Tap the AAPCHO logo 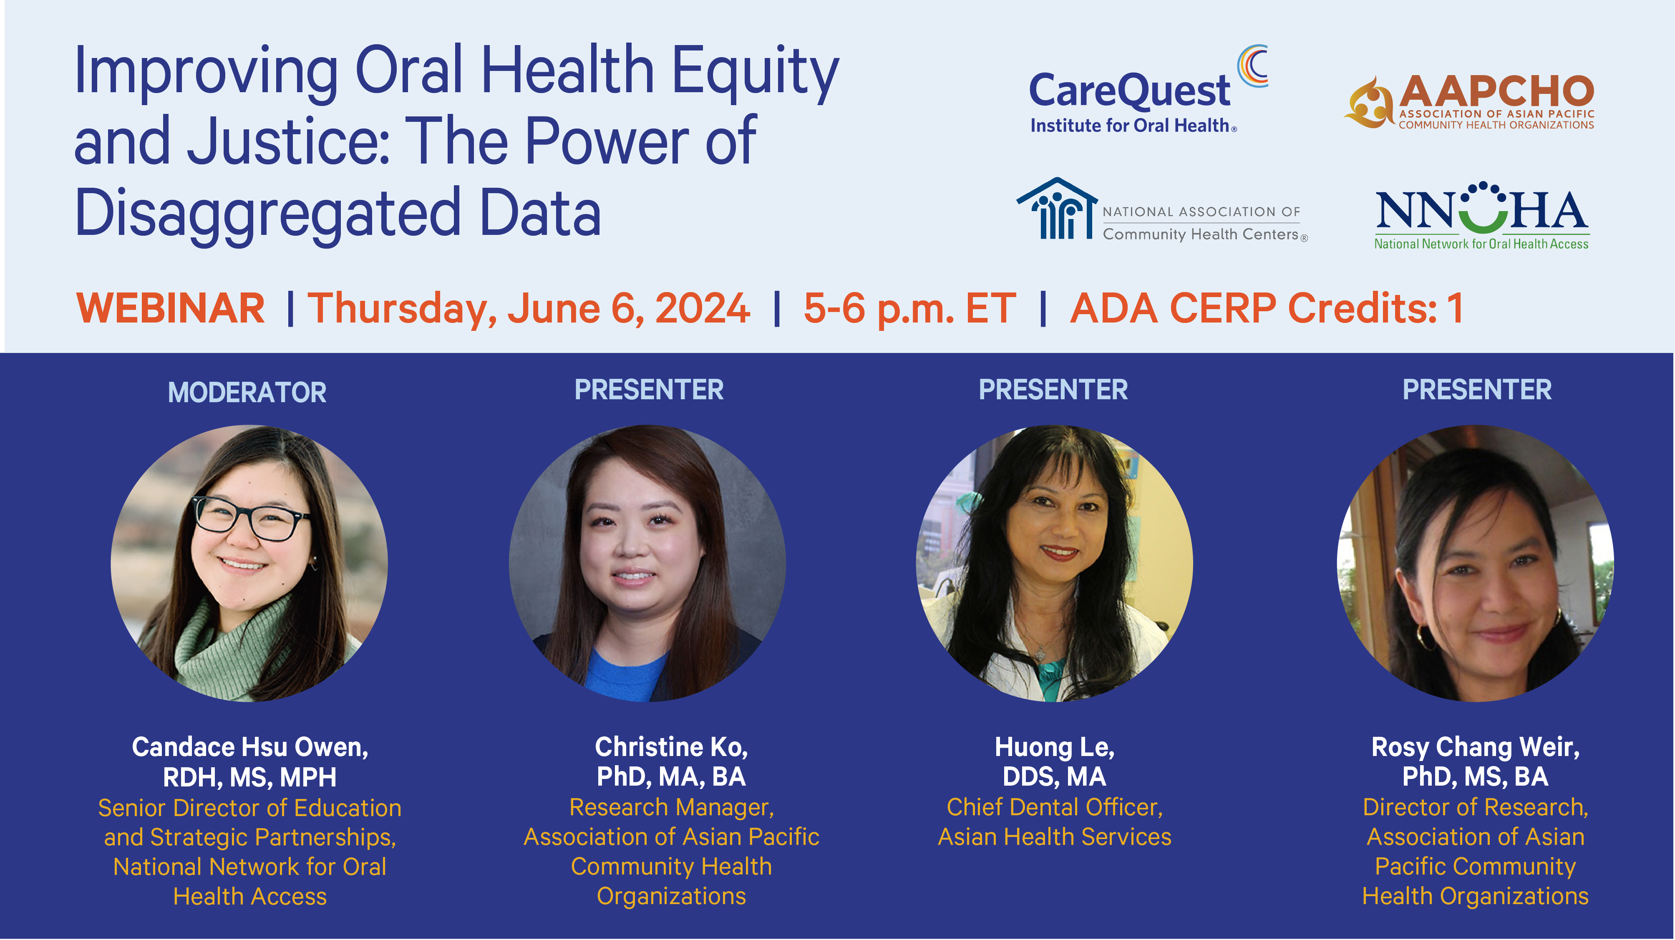coord(1469,102)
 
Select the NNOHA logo coord(1482,215)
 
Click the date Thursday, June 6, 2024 coord(529,309)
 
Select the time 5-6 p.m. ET coord(909,309)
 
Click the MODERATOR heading coord(247,392)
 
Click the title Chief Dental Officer coord(1054,807)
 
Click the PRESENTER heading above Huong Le coord(1053,390)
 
